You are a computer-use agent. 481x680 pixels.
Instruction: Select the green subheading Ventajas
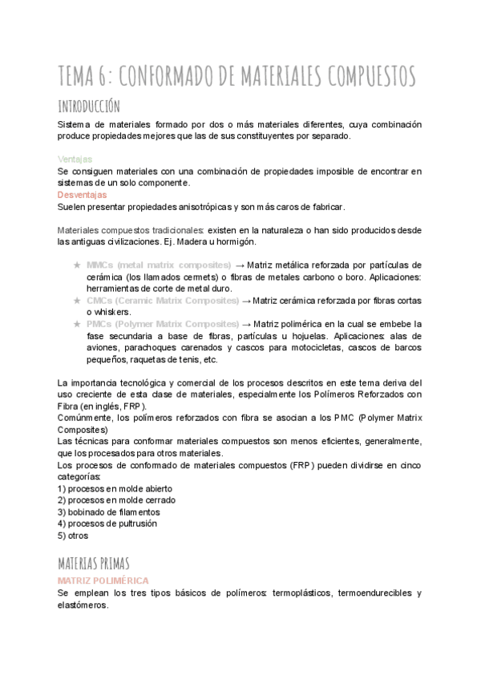click(75, 160)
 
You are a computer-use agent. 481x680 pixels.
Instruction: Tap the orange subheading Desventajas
click(83, 195)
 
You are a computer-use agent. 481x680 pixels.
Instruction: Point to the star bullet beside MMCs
click(76, 265)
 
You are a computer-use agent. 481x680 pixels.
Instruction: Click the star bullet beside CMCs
click(76, 301)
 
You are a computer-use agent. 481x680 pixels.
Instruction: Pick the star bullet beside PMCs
click(76, 325)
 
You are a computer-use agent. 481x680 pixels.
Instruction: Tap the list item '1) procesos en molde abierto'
click(115, 488)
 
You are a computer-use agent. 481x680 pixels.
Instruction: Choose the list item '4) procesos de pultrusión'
click(107, 524)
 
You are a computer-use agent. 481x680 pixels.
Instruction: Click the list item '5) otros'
click(73, 536)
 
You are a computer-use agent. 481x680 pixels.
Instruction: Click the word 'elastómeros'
click(82, 605)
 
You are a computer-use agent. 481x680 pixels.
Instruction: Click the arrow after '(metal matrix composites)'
click(239, 265)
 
